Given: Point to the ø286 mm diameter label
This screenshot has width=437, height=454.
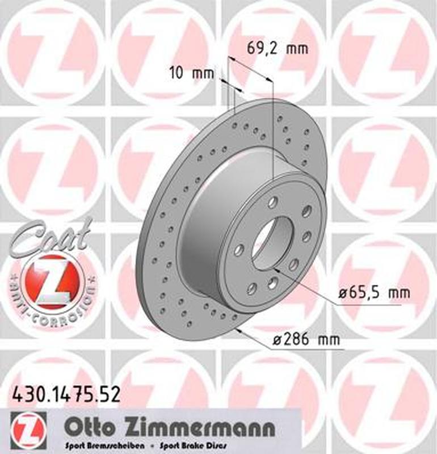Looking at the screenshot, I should [x=306, y=340].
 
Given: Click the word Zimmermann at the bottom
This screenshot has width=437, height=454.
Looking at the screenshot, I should [x=185, y=426].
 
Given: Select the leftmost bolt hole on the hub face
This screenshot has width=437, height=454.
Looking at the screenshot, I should [x=238, y=250].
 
